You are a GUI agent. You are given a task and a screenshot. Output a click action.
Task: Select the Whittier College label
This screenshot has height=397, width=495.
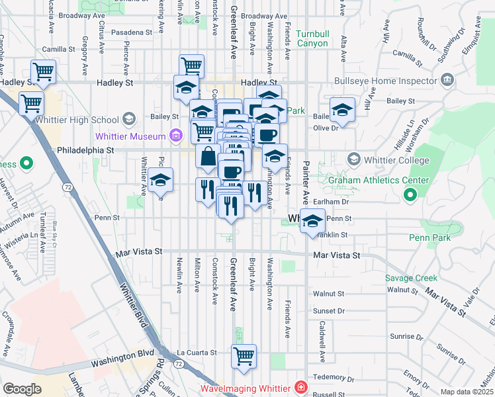(x=392, y=159)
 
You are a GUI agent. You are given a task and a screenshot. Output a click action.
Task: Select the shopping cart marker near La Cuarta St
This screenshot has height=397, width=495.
(x=244, y=355)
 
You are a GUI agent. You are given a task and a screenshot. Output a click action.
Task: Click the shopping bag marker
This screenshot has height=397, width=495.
(x=208, y=157)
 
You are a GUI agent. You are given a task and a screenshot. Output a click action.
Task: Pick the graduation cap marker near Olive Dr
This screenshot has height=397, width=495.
(x=342, y=110)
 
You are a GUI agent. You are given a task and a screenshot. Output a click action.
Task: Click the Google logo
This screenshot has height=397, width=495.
(x=22, y=390)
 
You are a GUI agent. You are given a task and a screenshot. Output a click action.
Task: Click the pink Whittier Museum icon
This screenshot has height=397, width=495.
(x=175, y=136)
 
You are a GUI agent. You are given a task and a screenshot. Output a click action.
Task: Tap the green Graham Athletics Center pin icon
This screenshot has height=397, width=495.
(x=410, y=195)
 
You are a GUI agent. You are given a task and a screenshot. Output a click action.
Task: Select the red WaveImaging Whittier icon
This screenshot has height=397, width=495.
(x=300, y=387)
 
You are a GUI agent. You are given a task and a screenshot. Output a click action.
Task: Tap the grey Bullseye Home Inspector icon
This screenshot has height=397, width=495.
(x=447, y=81)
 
